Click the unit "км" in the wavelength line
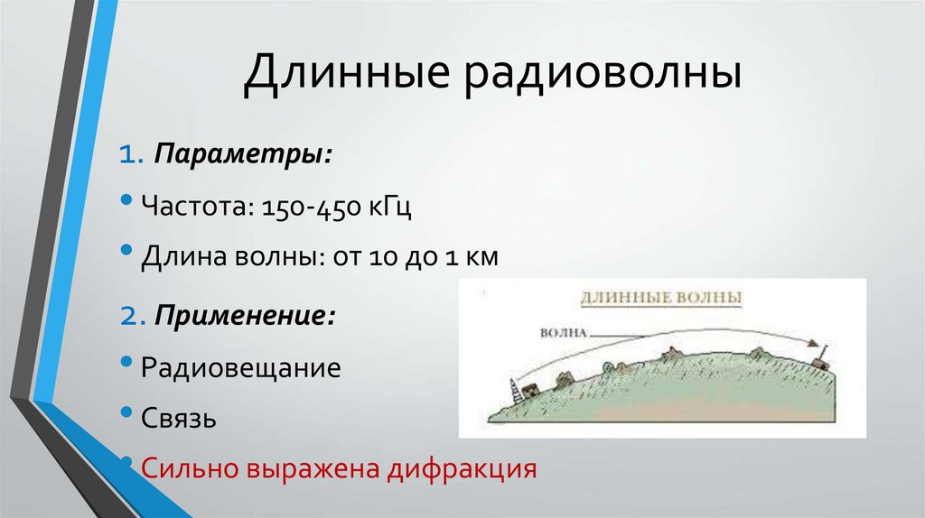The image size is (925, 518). click(x=480, y=258)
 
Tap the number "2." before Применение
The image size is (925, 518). click(x=134, y=316)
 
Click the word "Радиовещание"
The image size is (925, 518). click(x=240, y=368)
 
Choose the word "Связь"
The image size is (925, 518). click(x=178, y=419)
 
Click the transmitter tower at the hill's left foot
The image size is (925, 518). click(x=515, y=391)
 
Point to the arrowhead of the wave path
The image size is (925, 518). click(x=814, y=346)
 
